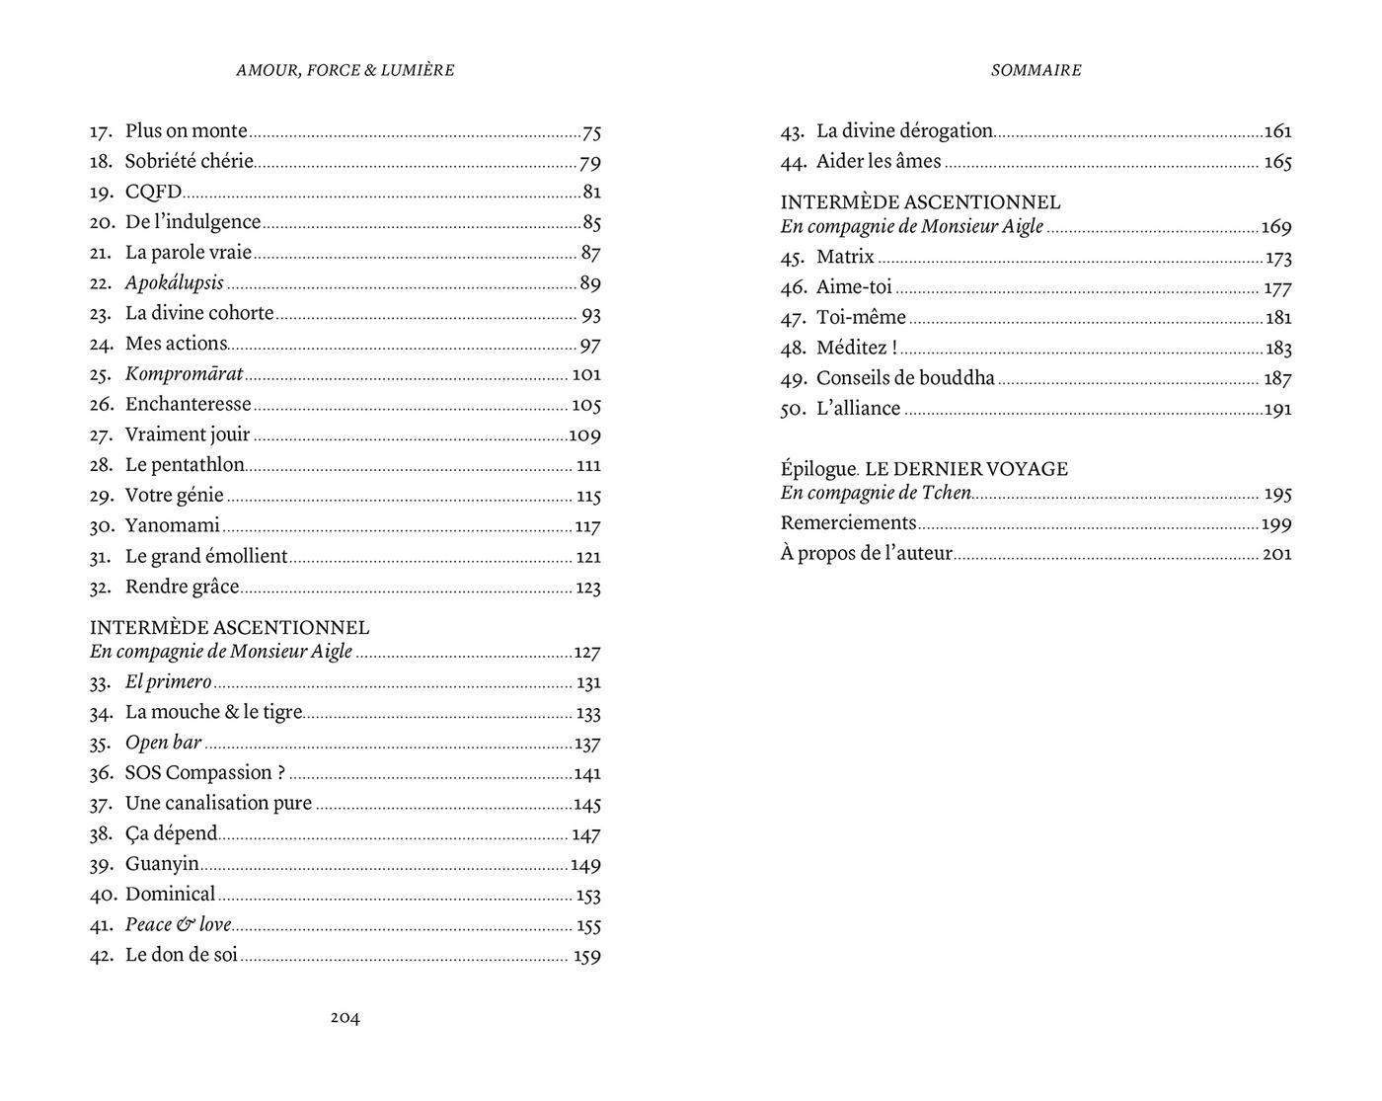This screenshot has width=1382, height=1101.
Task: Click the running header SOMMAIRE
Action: point(1036,70)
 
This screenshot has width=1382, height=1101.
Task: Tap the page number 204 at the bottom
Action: point(345,1018)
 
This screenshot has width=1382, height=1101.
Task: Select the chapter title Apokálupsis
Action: point(175,283)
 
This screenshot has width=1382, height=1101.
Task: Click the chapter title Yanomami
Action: point(172,526)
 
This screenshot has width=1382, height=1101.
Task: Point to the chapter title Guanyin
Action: point(162,865)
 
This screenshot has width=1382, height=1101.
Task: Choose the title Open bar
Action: point(163,743)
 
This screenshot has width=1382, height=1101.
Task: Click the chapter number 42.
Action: point(102,956)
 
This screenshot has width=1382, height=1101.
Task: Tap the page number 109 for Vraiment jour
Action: point(585,435)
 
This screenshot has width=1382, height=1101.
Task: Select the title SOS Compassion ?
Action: point(204,773)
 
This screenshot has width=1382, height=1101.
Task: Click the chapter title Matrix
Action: point(845,258)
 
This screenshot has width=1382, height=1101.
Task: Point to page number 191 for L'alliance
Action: point(1278,410)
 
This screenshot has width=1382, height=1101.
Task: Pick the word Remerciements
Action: point(848,523)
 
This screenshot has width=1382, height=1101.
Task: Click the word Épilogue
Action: point(818,469)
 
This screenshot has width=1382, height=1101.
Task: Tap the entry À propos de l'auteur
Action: point(866,554)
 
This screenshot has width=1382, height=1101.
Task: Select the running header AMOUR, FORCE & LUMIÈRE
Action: point(345,70)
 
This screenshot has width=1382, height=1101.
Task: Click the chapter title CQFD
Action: point(153,193)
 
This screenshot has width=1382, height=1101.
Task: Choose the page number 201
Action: point(1277,554)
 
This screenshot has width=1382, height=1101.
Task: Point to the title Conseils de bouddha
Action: point(905,379)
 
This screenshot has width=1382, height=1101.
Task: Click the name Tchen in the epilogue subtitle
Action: point(947,493)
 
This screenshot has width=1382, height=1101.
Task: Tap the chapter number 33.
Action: point(102,682)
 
